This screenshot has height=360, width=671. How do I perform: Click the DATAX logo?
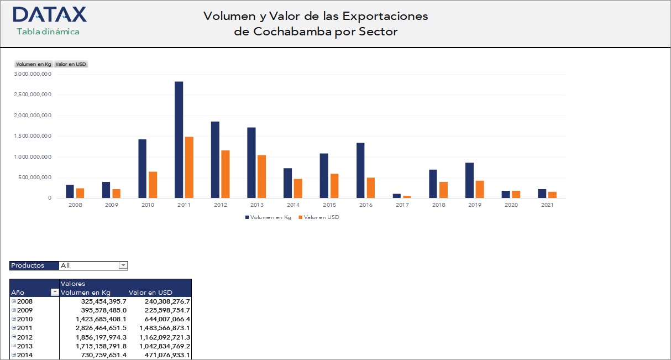point(49,14)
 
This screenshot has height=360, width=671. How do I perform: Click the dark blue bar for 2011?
point(179,139)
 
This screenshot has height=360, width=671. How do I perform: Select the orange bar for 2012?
point(226,174)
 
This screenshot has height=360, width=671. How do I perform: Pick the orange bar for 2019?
point(480,189)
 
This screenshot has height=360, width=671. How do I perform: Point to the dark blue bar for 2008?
point(70,191)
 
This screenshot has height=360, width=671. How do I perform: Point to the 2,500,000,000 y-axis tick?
point(33,95)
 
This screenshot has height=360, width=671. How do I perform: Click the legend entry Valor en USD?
point(321,217)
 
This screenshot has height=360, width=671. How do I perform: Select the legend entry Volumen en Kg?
point(270,217)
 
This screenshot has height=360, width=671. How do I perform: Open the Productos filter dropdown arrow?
point(123,265)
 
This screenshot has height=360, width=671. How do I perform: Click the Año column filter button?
point(55,293)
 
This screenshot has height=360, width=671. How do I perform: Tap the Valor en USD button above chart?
point(71,64)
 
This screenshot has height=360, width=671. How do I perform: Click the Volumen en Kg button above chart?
point(33,64)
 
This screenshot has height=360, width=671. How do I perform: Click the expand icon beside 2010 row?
point(14,319)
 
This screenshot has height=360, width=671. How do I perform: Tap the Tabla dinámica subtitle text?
point(48,32)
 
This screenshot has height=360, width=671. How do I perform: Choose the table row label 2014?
point(25,354)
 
